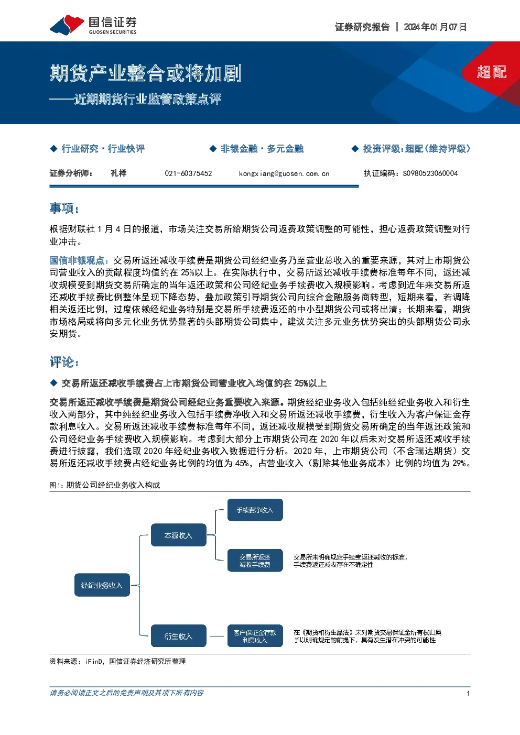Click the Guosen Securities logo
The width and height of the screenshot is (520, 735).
click(93, 25)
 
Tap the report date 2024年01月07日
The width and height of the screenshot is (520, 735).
click(435, 27)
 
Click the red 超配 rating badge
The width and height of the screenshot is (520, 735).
click(492, 72)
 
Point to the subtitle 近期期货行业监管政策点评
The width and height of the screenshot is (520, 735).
click(148, 99)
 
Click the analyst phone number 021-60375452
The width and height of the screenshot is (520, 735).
click(188, 173)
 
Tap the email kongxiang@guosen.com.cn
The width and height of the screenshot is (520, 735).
click(284, 173)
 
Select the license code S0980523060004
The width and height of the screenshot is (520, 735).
click(430, 173)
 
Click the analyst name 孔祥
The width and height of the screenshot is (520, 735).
click(118, 173)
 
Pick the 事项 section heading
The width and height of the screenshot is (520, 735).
click(64, 209)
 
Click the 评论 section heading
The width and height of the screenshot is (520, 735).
click(64, 362)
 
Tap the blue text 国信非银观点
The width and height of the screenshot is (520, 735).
click(77, 260)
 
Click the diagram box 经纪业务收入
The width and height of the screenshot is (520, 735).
click(102, 585)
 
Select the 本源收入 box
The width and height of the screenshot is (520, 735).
click(179, 535)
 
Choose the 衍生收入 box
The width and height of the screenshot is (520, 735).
click(179, 636)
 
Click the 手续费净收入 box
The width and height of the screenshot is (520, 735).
click(255, 510)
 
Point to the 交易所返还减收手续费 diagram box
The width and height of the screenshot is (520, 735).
click(255, 561)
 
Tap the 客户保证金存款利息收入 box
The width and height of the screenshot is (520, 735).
click(255, 636)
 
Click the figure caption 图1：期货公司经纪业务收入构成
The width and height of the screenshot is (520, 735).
click(105, 485)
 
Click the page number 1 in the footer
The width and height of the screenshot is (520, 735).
click(468, 694)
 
